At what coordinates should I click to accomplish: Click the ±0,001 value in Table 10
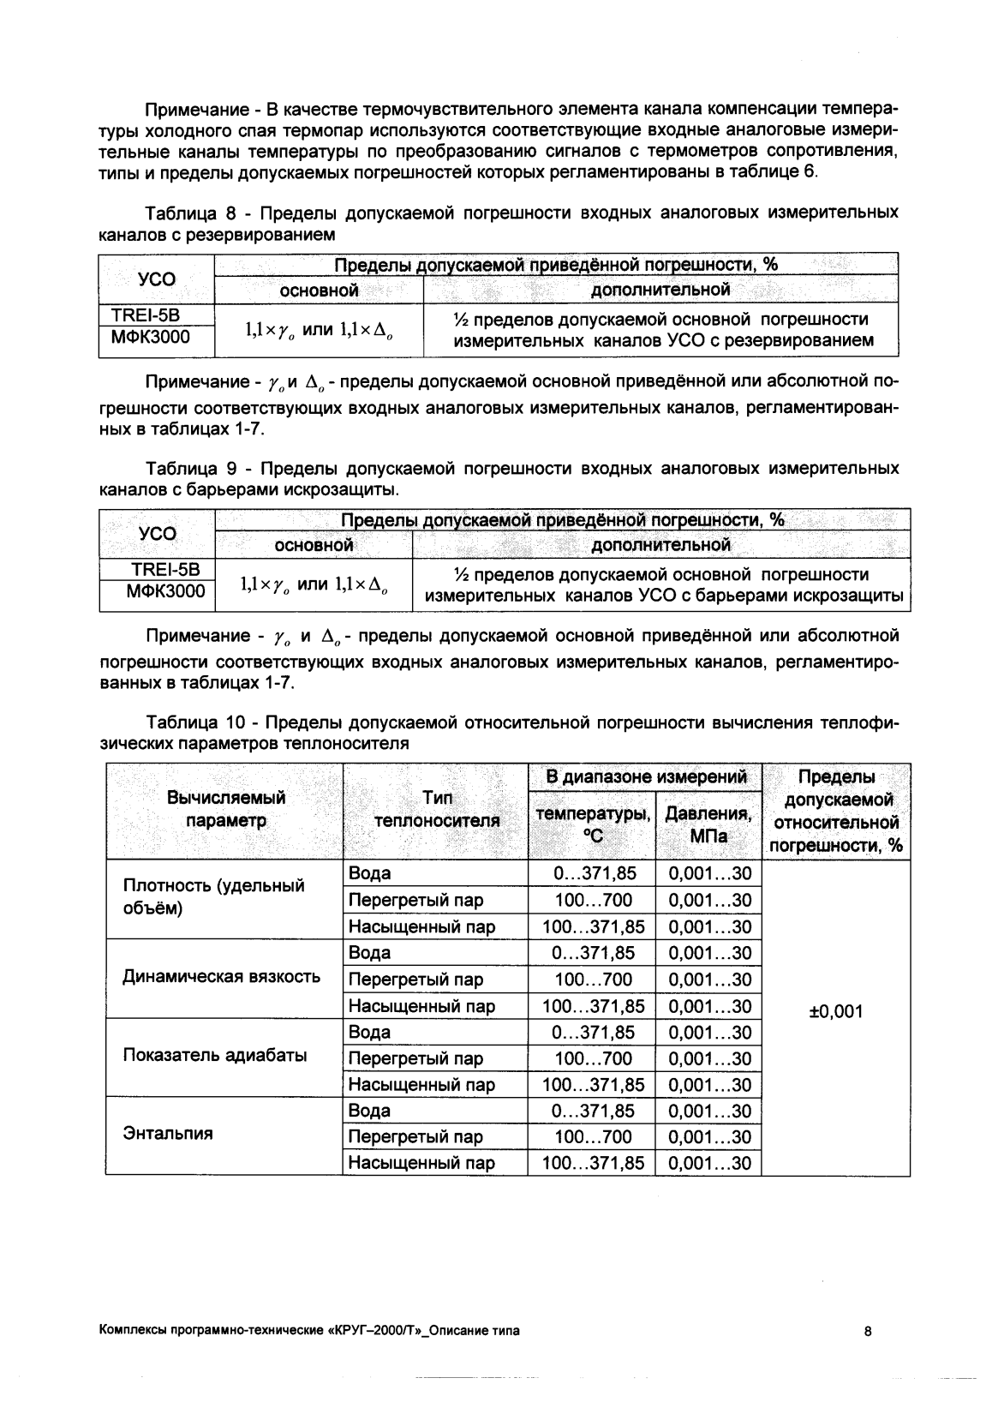tap(836, 1012)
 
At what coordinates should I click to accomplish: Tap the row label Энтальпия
tap(168, 1134)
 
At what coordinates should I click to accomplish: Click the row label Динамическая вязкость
tap(221, 976)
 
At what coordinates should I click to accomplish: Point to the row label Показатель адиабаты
tap(214, 1055)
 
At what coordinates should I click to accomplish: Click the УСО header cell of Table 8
tap(157, 279)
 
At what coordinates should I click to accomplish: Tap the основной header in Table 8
tap(319, 291)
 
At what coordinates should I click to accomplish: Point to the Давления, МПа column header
tap(708, 824)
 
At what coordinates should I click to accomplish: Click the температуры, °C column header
tap(592, 824)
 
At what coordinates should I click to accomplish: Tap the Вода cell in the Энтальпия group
tap(370, 1111)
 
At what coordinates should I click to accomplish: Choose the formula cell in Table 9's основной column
tap(314, 584)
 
